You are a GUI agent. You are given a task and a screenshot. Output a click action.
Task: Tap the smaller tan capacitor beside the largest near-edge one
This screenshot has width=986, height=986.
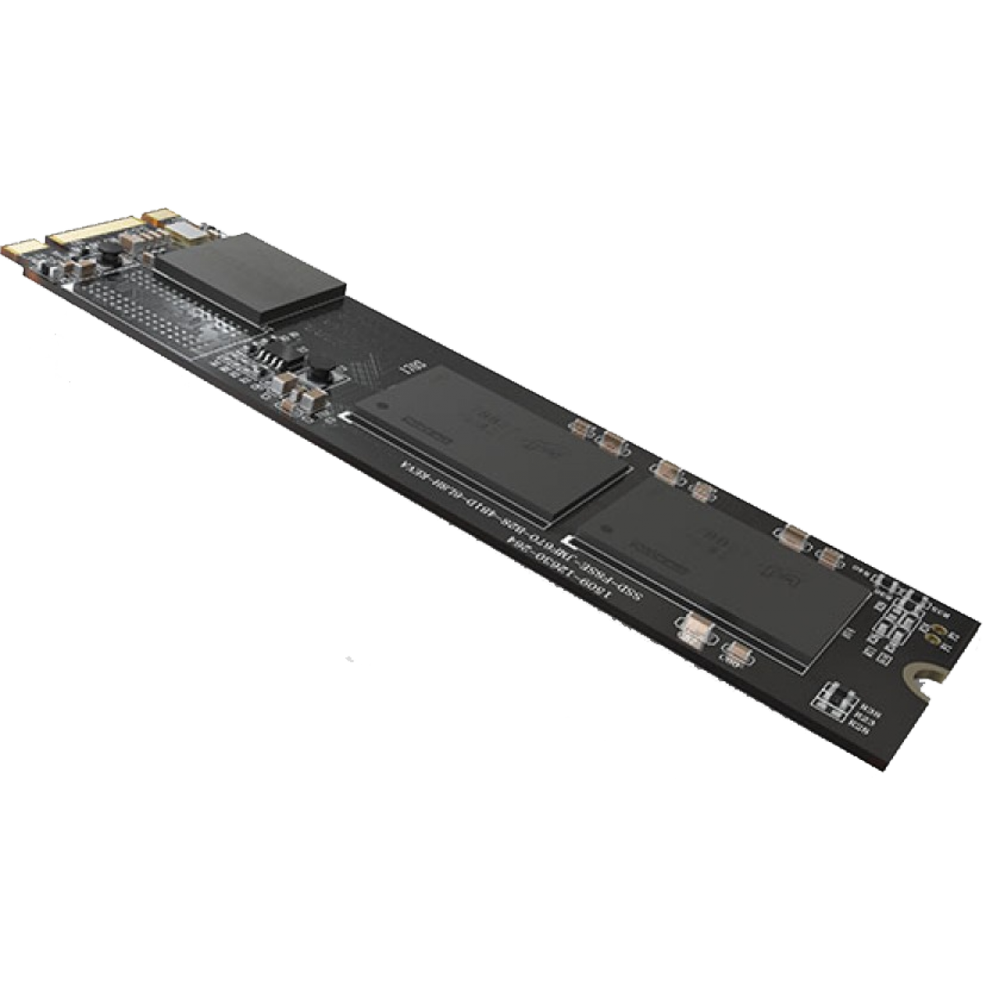(x=737, y=652)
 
